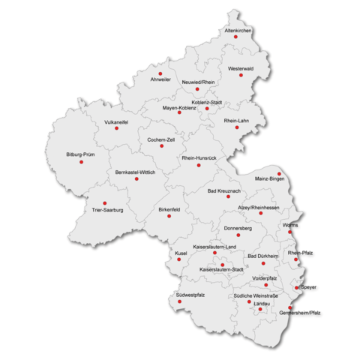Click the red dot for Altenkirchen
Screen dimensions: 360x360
tap(235, 37)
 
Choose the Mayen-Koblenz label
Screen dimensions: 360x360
tap(179, 108)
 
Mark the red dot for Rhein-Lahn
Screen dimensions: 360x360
tap(237, 127)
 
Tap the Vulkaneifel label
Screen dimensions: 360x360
tap(116, 121)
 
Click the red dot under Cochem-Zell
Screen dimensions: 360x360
tap(161, 145)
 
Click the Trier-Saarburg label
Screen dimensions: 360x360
tap(106, 210)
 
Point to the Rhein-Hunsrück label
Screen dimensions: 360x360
tap(199, 158)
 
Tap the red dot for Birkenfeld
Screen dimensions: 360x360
tap(169, 216)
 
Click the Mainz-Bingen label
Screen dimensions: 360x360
tap(269, 180)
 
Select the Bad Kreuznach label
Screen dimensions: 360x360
tap(223, 191)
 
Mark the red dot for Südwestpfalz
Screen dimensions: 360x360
tap(179, 301)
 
